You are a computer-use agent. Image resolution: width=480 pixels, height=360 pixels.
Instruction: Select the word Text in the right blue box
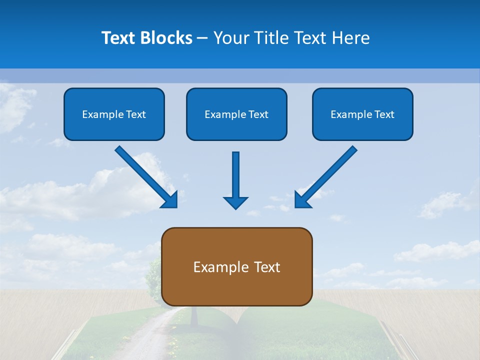point(384,114)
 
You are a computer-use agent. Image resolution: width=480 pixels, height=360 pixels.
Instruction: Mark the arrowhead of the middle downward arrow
point(235,202)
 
